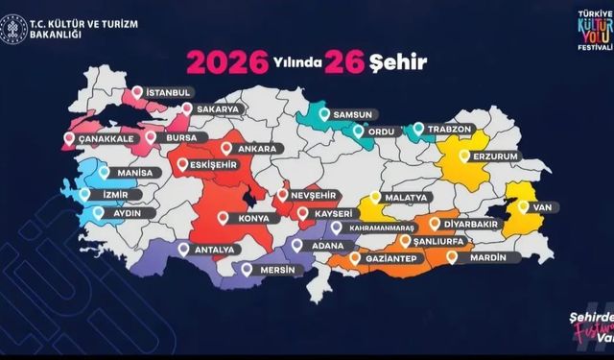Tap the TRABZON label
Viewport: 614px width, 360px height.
click(446, 128)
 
